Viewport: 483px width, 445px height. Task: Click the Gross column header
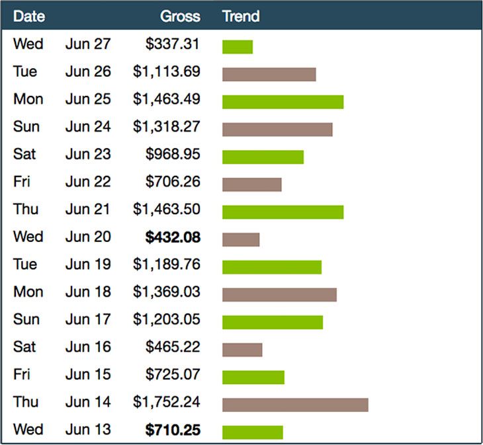(x=180, y=16)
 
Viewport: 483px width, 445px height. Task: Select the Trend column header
(x=241, y=16)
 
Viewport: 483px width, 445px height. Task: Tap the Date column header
(x=28, y=16)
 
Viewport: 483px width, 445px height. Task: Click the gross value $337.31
(x=173, y=44)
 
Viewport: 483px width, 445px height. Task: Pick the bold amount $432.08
(x=173, y=237)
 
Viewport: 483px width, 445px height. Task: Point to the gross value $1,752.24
(x=166, y=402)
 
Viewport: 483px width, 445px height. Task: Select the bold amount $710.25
(x=173, y=430)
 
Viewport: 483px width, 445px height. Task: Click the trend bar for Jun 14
(x=295, y=405)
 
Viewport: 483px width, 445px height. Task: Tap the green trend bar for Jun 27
(x=238, y=47)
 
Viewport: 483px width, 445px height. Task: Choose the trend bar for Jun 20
(x=241, y=239)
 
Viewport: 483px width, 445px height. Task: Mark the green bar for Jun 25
(x=283, y=102)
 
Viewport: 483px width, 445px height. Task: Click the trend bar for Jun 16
(x=242, y=350)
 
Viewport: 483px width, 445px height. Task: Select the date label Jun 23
(x=88, y=154)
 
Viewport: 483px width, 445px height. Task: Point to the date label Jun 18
(x=88, y=292)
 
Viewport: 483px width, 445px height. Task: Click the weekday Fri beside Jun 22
(x=22, y=182)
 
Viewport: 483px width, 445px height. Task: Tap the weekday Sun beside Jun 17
(x=26, y=319)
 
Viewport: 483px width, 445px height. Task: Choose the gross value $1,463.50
(x=166, y=209)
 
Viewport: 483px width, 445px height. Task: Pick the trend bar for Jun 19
(x=272, y=267)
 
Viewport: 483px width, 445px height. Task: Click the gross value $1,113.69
(x=166, y=71)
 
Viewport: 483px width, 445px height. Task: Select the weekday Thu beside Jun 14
(x=25, y=402)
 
